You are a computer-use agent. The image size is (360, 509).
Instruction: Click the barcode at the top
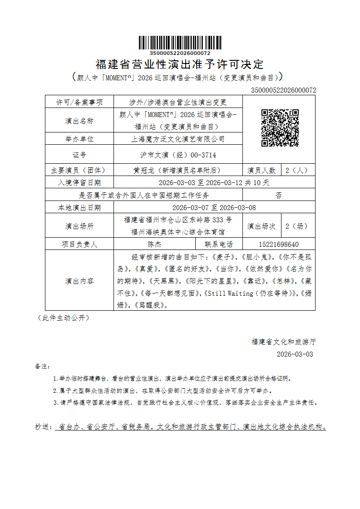(x=180, y=42)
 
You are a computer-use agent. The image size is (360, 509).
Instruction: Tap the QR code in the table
(x=280, y=127)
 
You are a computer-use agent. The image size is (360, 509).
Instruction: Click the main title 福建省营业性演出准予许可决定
(x=180, y=64)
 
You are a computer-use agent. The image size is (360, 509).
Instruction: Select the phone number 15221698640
(x=279, y=244)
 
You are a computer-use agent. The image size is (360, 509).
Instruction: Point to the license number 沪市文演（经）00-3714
(x=178, y=155)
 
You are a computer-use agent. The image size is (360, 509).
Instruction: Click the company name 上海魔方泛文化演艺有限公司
(x=178, y=139)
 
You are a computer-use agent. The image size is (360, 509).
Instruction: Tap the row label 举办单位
(x=79, y=139)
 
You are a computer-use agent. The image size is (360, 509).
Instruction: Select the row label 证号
(x=79, y=155)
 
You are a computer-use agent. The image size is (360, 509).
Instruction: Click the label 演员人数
(x=261, y=171)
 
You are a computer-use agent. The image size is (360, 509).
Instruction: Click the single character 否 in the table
(x=279, y=196)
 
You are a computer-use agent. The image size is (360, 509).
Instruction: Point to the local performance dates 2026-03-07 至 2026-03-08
(x=214, y=208)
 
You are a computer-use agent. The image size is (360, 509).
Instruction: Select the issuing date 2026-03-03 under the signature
(x=295, y=354)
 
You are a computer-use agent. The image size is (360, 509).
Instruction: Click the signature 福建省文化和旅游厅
(x=283, y=342)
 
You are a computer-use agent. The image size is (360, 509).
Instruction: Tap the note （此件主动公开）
(x=63, y=318)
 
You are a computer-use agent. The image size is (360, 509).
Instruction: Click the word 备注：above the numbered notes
(x=43, y=366)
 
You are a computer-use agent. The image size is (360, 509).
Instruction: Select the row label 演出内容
(x=79, y=281)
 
